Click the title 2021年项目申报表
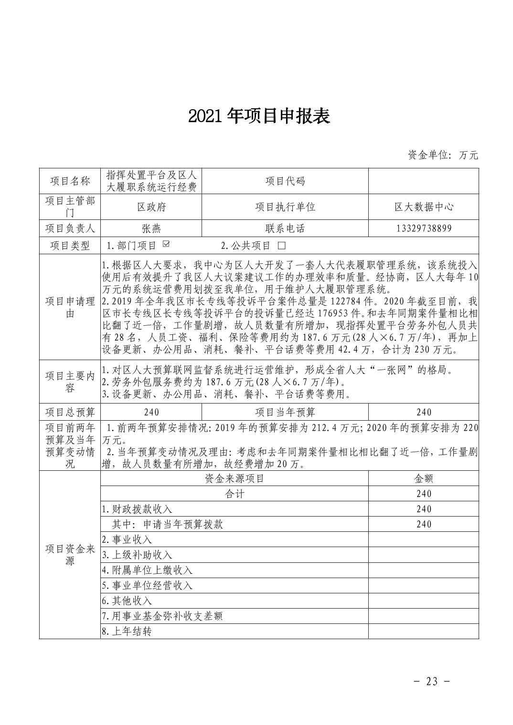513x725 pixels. pos(259,116)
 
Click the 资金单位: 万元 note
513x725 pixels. pos(442,155)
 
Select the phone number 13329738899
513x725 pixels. pos(423,228)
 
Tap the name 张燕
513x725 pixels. pos(151,228)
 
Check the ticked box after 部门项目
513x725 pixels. pos(166,245)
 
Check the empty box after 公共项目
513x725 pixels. pos(281,246)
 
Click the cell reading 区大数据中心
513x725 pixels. pos(423,207)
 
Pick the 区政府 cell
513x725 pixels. pos(151,207)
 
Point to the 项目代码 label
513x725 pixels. pos(285,181)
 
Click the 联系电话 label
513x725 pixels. pos(285,228)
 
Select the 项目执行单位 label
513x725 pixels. pos(285,207)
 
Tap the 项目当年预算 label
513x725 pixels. pos(285,412)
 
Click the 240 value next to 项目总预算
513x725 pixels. pos(151,412)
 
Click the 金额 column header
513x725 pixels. pos(423,478)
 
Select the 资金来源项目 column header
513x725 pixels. pos(234,478)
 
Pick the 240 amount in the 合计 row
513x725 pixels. pos(423,494)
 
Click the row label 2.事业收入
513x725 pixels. pos(127,539)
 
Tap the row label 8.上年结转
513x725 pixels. pos(127,631)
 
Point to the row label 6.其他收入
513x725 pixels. pos(127,601)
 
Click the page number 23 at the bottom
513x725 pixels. pos(432,681)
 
